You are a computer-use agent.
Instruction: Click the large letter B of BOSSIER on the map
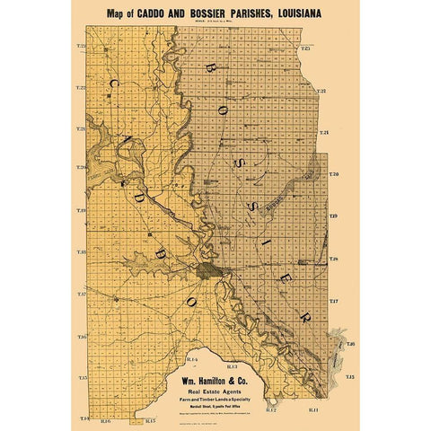(x=210, y=69)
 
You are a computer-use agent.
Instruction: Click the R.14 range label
(x=190, y=359)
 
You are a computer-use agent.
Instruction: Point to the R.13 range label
(x=231, y=367)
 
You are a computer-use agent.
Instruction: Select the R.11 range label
(x=312, y=409)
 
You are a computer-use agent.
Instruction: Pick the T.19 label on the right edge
(x=333, y=216)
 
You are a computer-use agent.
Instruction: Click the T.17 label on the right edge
(x=333, y=300)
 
